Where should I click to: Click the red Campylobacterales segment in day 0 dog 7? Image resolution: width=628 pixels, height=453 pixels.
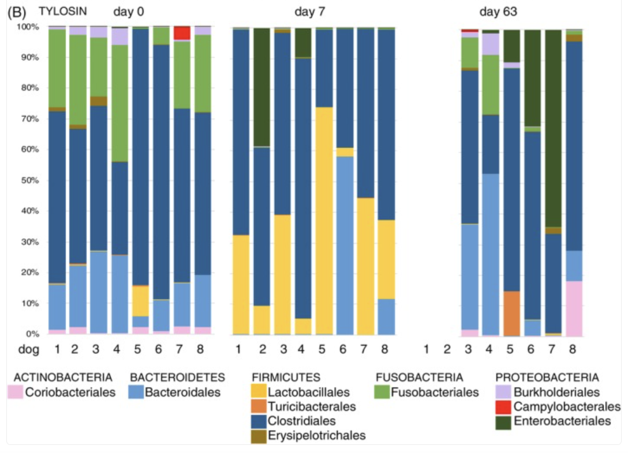pyautogui.click(x=182, y=33)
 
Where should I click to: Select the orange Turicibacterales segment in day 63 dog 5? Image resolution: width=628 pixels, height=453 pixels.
pyautogui.click(x=511, y=313)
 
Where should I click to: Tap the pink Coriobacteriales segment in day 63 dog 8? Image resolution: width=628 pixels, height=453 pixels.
pyautogui.click(x=574, y=308)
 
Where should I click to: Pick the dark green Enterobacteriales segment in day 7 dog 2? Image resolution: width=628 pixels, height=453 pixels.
pyautogui.click(x=262, y=87)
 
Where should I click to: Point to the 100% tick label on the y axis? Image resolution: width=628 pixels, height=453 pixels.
pyautogui.click(x=27, y=27)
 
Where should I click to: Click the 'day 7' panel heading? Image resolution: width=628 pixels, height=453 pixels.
pyautogui.click(x=310, y=12)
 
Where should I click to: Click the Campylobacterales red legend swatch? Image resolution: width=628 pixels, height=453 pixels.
pyautogui.click(x=503, y=407)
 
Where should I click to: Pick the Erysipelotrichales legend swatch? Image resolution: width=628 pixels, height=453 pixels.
pyautogui.click(x=259, y=436)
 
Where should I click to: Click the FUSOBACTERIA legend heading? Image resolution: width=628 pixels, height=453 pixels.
pyautogui.click(x=419, y=377)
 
